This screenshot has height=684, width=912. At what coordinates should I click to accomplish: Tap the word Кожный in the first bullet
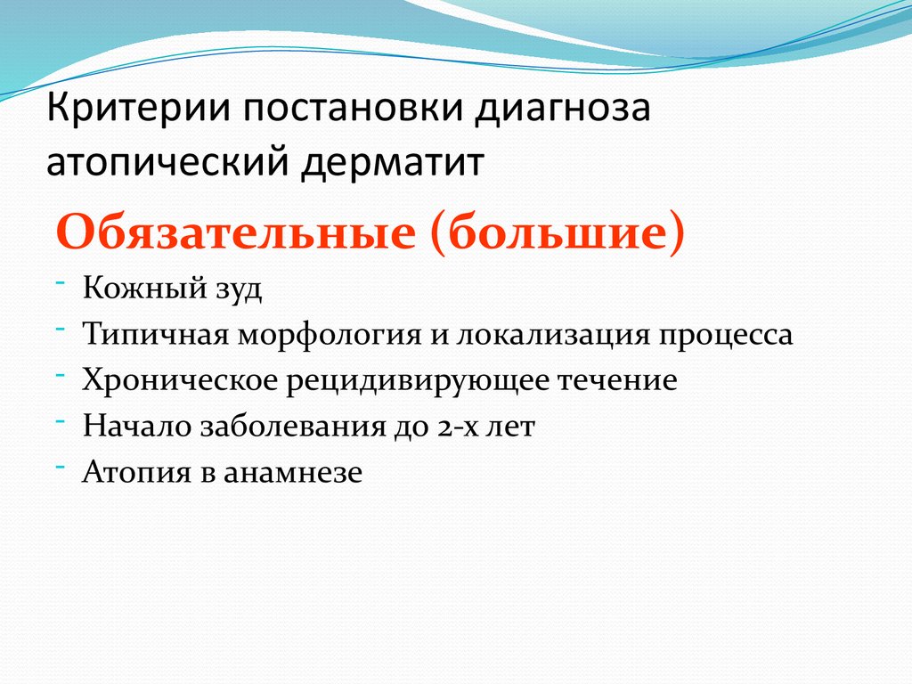(x=138, y=289)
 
